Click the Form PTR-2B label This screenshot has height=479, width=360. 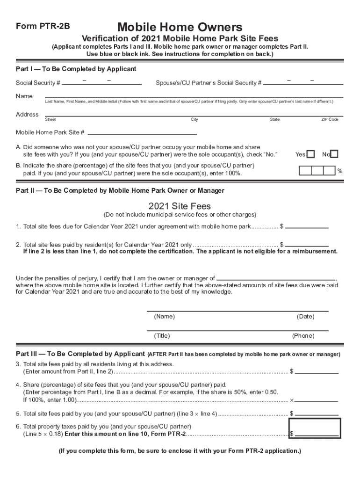coord(43,27)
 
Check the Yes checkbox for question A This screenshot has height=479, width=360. coord(310,154)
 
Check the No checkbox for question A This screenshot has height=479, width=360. coord(334,154)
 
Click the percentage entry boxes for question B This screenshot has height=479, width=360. coord(317,171)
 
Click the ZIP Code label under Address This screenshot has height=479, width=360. coord(329,120)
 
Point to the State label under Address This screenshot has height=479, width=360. coord(274,120)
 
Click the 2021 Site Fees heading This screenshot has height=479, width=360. coord(180,206)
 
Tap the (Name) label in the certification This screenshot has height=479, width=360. coord(164,317)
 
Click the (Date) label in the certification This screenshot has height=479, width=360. coord(305,317)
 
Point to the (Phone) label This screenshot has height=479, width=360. coord(303,336)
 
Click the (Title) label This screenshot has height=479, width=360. coord(162,336)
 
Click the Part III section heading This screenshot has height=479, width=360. coord(80,354)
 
